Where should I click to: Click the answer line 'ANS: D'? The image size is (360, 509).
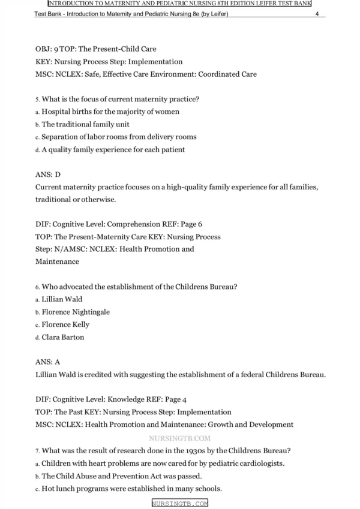(x=48, y=174)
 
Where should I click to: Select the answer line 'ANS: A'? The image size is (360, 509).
(x=48, y=362)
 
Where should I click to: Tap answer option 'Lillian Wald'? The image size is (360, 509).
(x=62, y=299)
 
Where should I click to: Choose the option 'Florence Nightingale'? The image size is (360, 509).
(x=76, y=312)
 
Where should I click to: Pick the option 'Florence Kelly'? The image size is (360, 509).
(x=65, y=324)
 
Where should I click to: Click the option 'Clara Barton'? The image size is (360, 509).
(x=62, y=337)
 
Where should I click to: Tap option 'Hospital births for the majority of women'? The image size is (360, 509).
(x=110, y=112)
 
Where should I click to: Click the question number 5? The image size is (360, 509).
(x=37, y=100)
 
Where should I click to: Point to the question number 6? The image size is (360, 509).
(x=37, y=287)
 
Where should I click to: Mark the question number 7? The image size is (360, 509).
(x=37, y=451)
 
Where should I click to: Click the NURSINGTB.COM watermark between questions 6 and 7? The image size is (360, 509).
(x=179, y=438)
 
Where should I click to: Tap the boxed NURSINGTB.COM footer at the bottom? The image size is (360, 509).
(x=179, y=504)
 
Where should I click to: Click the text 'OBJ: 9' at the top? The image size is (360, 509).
(x=47, y=49)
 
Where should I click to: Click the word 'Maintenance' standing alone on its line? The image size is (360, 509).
(x=57, y=262)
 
